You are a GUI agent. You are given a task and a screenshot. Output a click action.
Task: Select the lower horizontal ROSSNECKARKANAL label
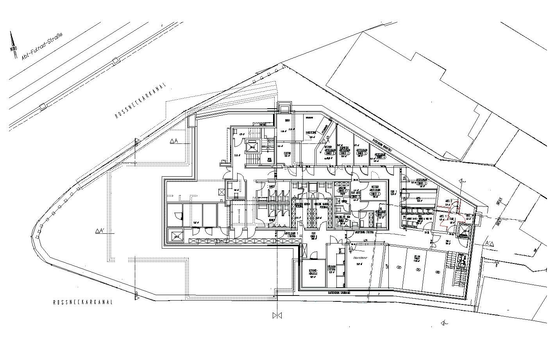pyautogui.click(x=83, y=302)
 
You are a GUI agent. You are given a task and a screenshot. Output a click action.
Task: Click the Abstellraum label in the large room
pyautogui.click(x=359, y=258)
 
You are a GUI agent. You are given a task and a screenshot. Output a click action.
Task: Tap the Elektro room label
pyautogui.click(x=287, y=154)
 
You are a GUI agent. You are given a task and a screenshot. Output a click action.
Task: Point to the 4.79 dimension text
pyautogui.click(x=365, y=240)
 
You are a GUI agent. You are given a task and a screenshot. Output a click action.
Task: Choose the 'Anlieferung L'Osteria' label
pyautogui.click(x=364, y=232)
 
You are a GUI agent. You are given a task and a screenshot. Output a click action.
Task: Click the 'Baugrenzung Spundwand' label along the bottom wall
pyautogui.click(x=339, y=292)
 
